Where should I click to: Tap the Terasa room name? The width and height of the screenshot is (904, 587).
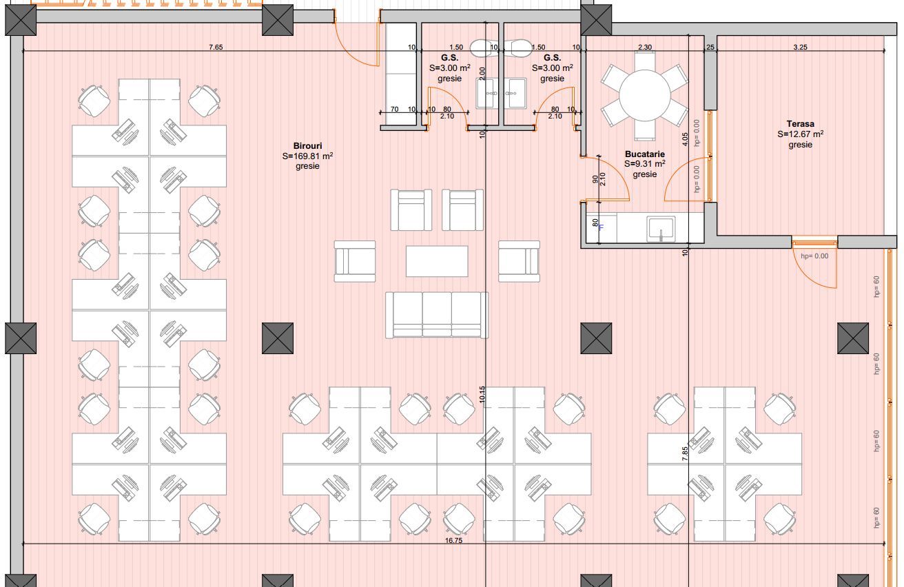pos(800,124)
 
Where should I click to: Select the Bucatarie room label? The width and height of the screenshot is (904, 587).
pos(644,154)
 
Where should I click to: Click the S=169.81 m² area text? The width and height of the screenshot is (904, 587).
pos(307,156)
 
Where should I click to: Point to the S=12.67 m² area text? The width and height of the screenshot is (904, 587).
pos(800,134)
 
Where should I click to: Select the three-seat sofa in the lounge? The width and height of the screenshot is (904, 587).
pos(436,314)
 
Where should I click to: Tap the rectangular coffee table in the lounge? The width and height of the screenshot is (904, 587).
pos(436,261)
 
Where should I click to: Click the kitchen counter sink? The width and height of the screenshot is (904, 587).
pos(661,228)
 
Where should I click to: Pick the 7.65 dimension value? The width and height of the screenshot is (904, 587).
pos(216,48)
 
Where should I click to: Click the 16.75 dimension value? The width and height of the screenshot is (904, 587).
pos(453,542)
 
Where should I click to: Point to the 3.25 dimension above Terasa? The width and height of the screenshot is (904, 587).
pos(800,48)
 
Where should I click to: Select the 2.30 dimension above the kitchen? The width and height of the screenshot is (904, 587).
pos(644,48)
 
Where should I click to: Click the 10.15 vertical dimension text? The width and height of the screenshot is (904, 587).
pos(483,394)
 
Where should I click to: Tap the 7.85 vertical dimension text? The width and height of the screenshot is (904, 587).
pos(685,455)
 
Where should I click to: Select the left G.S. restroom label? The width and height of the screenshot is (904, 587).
pos(449,58)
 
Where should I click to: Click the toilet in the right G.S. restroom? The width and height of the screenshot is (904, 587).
pos(519,48)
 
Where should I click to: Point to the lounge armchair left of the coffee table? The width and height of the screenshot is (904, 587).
pos(355,261)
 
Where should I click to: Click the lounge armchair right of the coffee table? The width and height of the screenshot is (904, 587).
pos(519,261)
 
